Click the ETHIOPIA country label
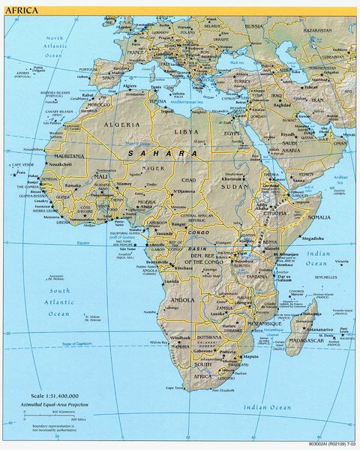[278, 212]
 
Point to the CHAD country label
[188, 181]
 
